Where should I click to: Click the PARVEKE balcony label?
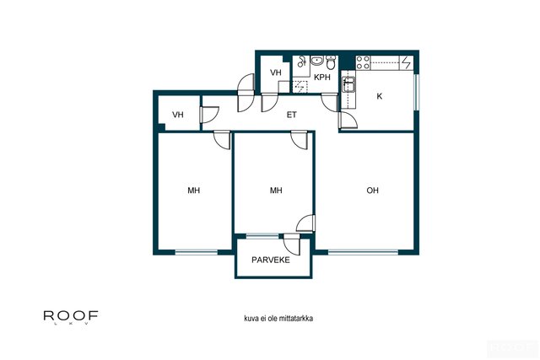coord(270,260)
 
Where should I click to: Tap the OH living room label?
coord(372,191)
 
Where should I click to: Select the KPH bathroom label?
coord(322,78)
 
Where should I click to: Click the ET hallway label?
coord(291,115)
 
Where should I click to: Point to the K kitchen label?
coord(379,96)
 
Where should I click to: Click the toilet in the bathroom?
coord(331,62)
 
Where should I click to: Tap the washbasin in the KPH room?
coord(317,61)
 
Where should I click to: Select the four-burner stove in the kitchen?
coord(363,62)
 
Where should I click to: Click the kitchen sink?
coord(348,84)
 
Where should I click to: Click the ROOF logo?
coord(71,317)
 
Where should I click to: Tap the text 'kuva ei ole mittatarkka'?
coord(278,319)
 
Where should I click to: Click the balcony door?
coord(292,244)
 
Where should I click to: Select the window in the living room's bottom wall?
coord(363,252)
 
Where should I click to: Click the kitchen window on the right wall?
coord(416,92)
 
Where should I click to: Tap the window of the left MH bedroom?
coord(197,252)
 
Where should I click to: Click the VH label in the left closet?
coord(178,115)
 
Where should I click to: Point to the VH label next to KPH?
coord(276,73)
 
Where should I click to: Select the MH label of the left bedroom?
coord(193,191)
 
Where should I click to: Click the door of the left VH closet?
coord(209,115)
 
